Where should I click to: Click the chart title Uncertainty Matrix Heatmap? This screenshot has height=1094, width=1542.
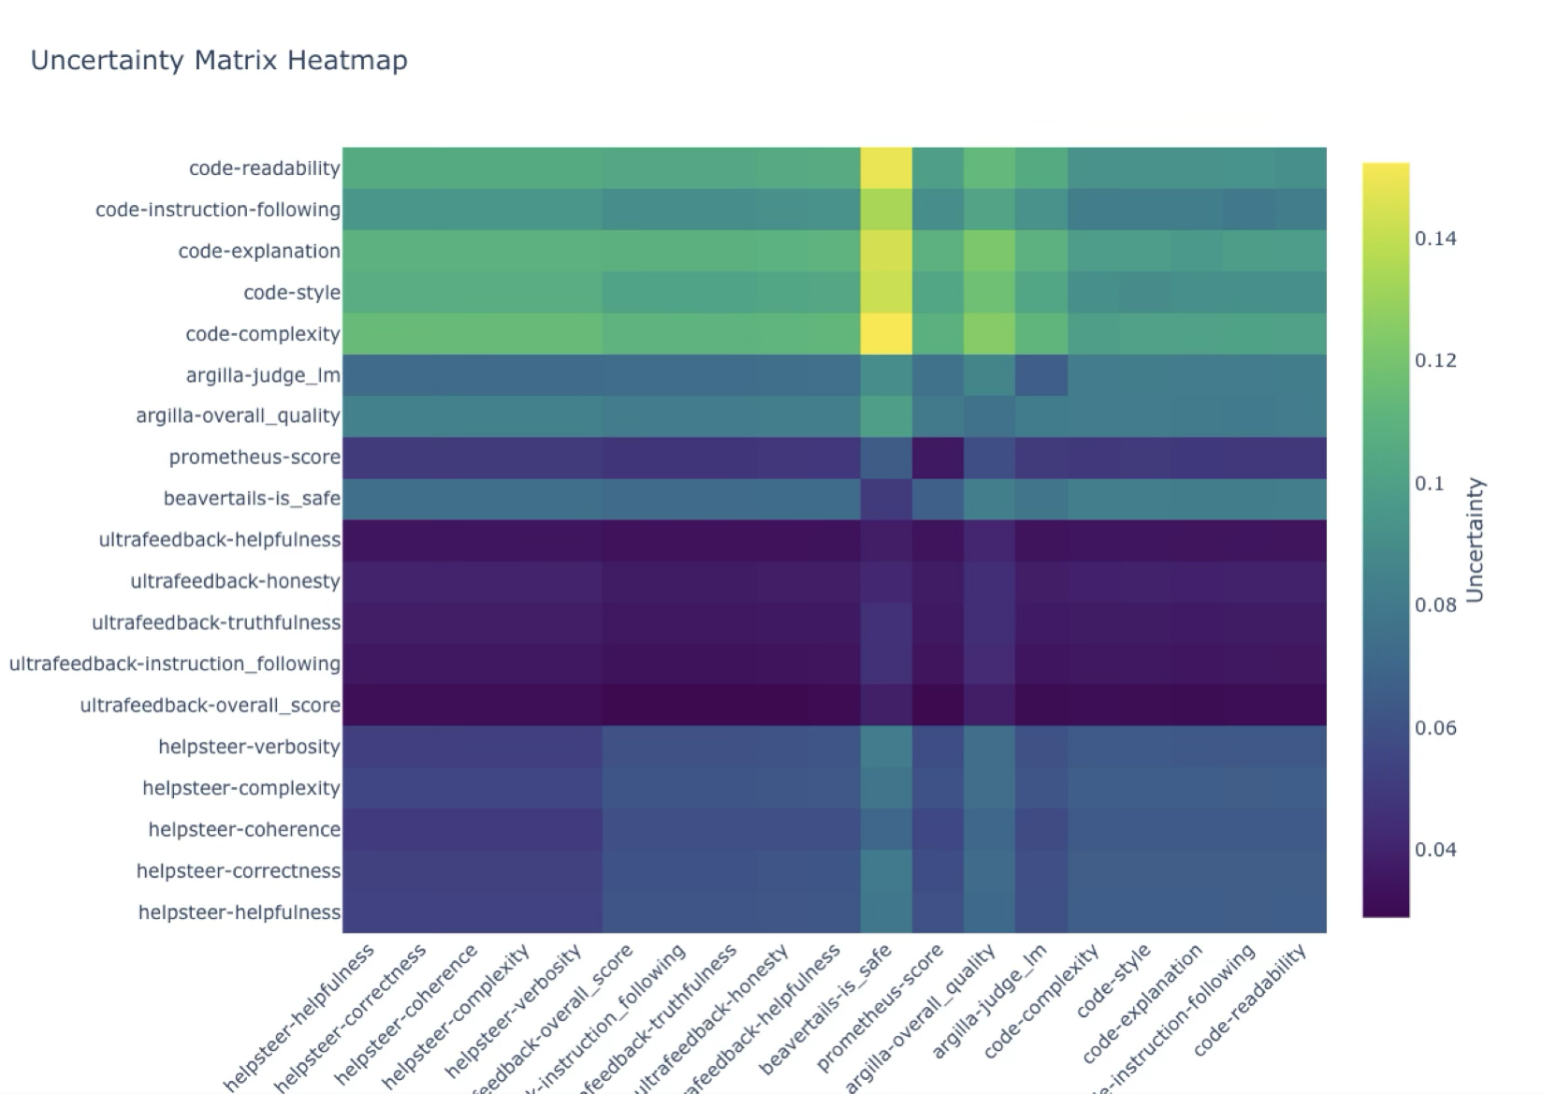pyautogui.click(x=219, y=61)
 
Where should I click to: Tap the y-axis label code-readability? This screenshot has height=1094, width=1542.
pyautogui.click(x=264, y=168)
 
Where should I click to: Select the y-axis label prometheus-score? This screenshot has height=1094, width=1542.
pyautogui.click(x=255, y=458)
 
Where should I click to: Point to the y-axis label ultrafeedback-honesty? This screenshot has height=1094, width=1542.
pyautogui.click(x=235, y=581)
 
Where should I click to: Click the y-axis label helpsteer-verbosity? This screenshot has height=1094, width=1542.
pyautogui.click(x=249, y=747)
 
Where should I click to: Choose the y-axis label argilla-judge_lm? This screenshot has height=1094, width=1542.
pyautogui.click(x=263, y=375)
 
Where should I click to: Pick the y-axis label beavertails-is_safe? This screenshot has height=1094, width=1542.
pyautogui.click(x=252, y=499)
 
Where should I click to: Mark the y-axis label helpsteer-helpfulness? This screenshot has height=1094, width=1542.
pyautogui.click(x=239, y=912)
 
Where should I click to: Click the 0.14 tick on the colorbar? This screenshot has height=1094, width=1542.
pyautogui.click(x=1435, y=239)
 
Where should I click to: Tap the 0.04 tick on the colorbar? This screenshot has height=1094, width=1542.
pyautogui.click(x=1435, y=850)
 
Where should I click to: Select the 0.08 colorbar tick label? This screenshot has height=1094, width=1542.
pyautogui.click(x=1435, y=605)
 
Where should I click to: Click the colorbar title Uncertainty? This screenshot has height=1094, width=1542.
pyautogui.click(x=1475, y=541)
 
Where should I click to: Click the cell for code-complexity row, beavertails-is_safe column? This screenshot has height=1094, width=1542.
pyautogui.click(x=886, y=334)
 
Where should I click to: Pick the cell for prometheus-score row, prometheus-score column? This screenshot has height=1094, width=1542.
pyautogui.click(x=938, y=458)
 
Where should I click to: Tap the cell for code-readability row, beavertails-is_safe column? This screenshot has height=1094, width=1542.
pyautogui.click(x=886, y=168)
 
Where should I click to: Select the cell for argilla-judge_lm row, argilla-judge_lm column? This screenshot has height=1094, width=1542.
pyautogui.click(x=1040, y=375)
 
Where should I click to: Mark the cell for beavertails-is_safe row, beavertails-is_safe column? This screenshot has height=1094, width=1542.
pyautogui.click(x=886, y=499)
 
